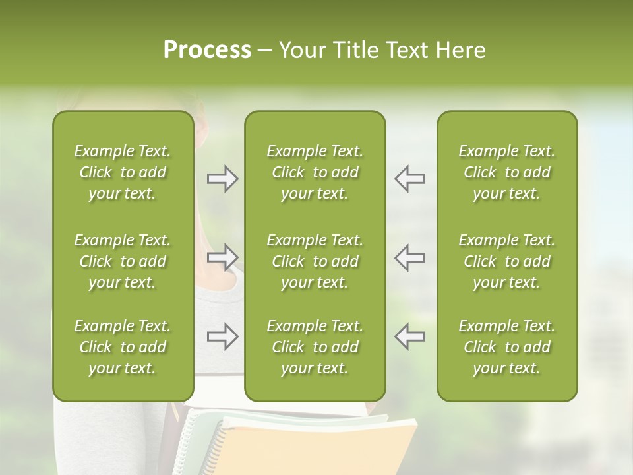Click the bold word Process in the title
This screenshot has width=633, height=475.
point(207,50)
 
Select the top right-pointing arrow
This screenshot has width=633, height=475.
point(223,179)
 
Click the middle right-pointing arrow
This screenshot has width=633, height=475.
point(223,257)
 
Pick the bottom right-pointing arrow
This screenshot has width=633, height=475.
point(223,336)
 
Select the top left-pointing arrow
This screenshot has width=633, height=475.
point(409,179)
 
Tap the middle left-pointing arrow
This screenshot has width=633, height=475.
point(409,257)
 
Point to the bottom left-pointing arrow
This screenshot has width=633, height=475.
point(409,336)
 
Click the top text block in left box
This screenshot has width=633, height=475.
point(123,172)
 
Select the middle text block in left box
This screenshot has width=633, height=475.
point(123,261)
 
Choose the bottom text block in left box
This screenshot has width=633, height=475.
point(123,347)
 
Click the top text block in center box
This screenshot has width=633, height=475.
point(315,172)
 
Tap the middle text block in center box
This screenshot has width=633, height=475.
point(315,261)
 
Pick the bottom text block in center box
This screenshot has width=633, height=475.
point(315,347)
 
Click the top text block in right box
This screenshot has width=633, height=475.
point(506,172)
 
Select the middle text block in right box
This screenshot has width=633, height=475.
point(506,261)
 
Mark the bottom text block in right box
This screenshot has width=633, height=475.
point(506,347)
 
